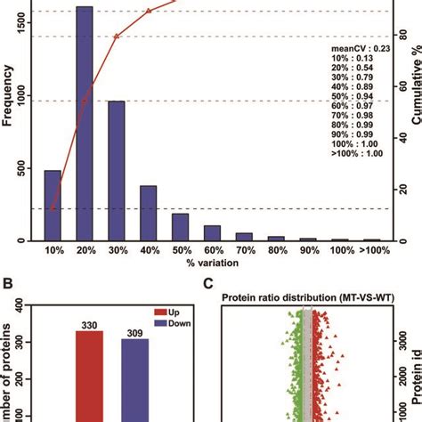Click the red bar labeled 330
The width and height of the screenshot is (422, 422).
tap(85, 374)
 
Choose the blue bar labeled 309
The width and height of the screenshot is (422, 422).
tap(135, 379)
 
